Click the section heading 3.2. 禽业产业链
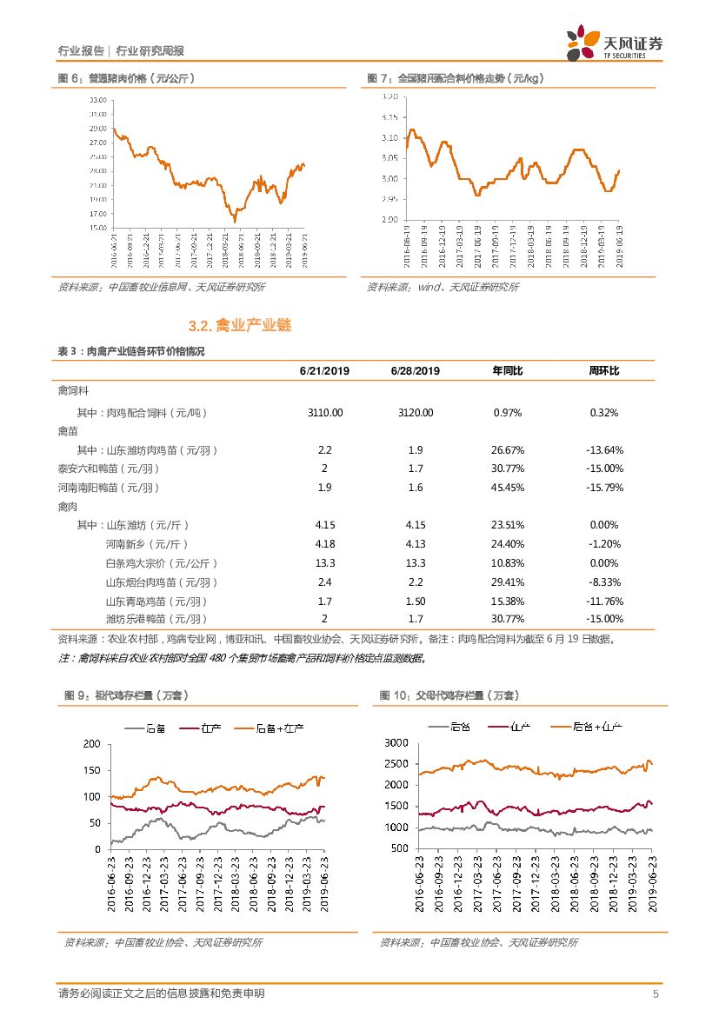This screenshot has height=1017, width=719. (239, 326)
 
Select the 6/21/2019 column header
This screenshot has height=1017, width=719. (324, 371)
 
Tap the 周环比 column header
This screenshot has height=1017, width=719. (603, 371)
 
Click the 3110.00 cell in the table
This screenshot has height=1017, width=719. (324, 413)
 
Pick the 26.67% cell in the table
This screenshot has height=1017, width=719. (507, 450)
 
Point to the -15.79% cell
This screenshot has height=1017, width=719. (603, 488)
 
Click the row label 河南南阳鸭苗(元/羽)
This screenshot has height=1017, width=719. (109, 488)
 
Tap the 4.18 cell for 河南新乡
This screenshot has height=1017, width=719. (324, 544)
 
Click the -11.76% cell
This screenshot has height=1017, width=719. (603, 601)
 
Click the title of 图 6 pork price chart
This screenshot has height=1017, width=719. (126, 79)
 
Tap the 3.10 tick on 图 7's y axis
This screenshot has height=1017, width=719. (389, 137)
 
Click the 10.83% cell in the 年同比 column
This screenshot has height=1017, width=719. (507, 563)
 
